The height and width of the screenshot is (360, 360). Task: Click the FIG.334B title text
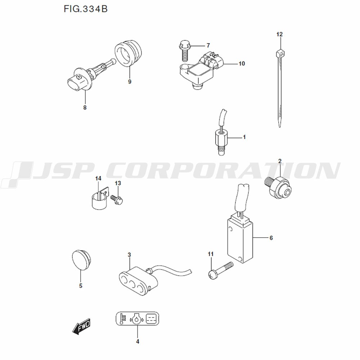85,9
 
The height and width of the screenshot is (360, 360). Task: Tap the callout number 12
279,35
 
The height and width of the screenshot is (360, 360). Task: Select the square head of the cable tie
280,54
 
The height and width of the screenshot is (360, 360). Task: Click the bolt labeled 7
184,50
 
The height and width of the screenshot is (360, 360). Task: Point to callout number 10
241,64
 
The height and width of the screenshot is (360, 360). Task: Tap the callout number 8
85,107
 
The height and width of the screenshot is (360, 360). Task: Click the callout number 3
129,255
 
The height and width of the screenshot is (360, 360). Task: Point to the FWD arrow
81,327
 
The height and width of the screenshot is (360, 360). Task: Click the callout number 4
137,341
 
